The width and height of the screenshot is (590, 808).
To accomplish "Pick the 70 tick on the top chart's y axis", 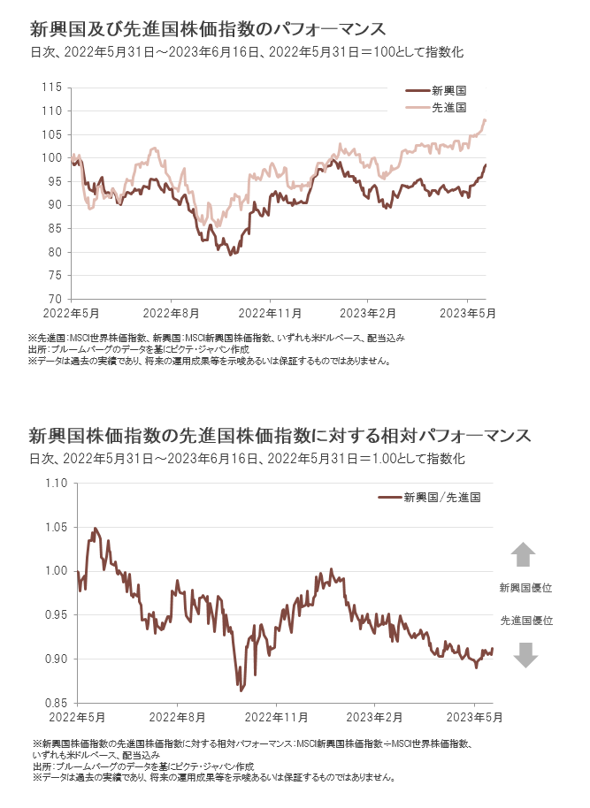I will (54, 299).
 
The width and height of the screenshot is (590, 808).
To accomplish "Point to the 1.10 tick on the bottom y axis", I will (56, 483).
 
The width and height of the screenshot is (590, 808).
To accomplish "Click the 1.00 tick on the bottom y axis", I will (56, 571).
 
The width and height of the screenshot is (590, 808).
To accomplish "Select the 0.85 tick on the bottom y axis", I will (56, 704).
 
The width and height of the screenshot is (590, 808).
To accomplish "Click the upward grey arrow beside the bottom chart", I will (524, 554).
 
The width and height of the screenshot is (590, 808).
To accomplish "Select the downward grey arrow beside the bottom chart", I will (525, 654).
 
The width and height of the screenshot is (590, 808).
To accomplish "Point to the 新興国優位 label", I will (525, 588).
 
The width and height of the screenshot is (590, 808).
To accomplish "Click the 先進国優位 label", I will (525, 621).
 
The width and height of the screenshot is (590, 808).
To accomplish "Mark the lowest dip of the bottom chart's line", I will (240, 690).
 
